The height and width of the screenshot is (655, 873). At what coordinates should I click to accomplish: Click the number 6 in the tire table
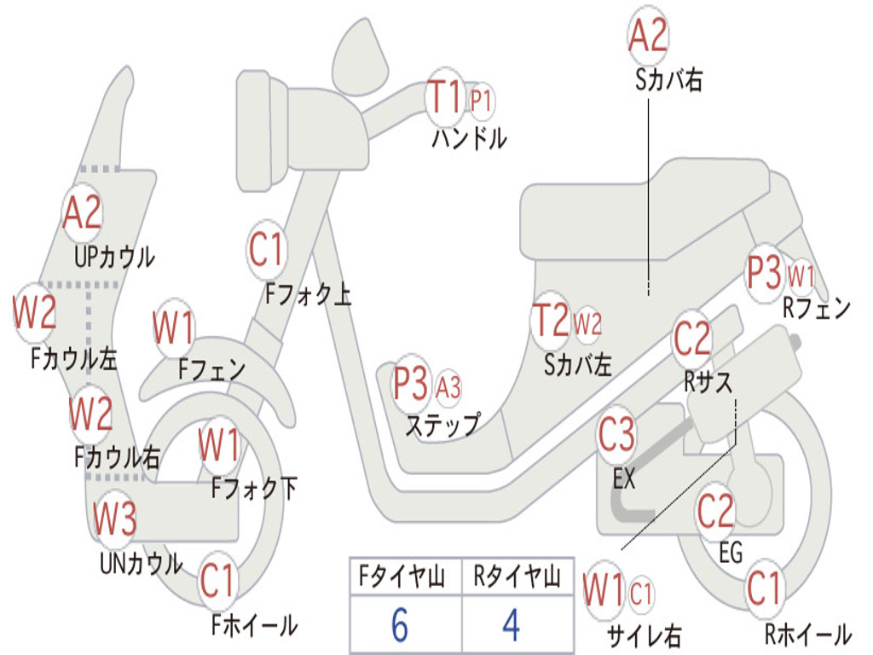click(x=400, y=625)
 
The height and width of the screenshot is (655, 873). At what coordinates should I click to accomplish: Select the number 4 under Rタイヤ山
click(x=512, y=625)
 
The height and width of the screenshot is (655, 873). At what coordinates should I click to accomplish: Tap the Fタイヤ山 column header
click(x=402, y=576)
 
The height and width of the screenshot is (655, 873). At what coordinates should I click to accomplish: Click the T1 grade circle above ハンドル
click(x=445, y=97)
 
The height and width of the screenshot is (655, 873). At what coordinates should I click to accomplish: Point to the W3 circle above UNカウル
click(x=114, y=518)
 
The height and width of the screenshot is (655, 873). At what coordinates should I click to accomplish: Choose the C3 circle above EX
click(x=616, y=434)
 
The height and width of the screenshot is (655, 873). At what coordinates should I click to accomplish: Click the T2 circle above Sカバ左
click(x=552, y=320)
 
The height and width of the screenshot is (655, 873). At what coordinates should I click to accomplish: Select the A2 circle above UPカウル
click(x=83, y=212)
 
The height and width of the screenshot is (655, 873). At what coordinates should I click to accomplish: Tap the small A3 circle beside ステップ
click(x=448, y=386)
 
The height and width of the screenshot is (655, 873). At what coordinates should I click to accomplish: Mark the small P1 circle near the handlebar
click(x=481, y=101)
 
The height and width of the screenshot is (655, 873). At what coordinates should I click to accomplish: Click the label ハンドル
click(x=470, y=139)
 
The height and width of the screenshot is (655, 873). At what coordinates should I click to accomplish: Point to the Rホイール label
click(x=808, y=634)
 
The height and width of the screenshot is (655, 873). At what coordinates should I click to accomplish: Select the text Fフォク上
click(x=309, y=294)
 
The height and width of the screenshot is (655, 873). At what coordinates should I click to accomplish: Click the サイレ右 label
click(x=644, y=635)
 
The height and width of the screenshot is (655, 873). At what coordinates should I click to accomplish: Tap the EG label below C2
click(x=731, y=553)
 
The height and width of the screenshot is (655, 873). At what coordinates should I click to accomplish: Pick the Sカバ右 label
click(x=668, y=80)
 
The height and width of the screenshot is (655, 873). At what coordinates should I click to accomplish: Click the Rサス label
click(x=708, y=382)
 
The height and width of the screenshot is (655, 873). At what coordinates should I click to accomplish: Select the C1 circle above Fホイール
click(x=218, y=581)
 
